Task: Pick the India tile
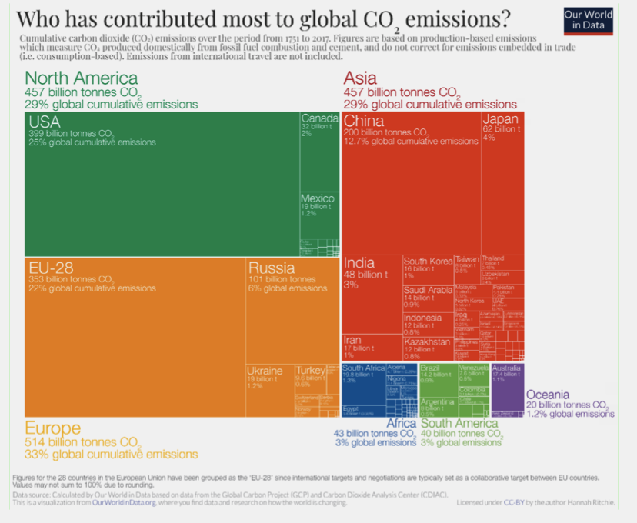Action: point(371,292)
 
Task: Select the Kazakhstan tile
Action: point(427,347)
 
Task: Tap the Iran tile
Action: point(371,347)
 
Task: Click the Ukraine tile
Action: point(269,389)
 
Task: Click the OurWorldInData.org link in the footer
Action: point(125,503)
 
